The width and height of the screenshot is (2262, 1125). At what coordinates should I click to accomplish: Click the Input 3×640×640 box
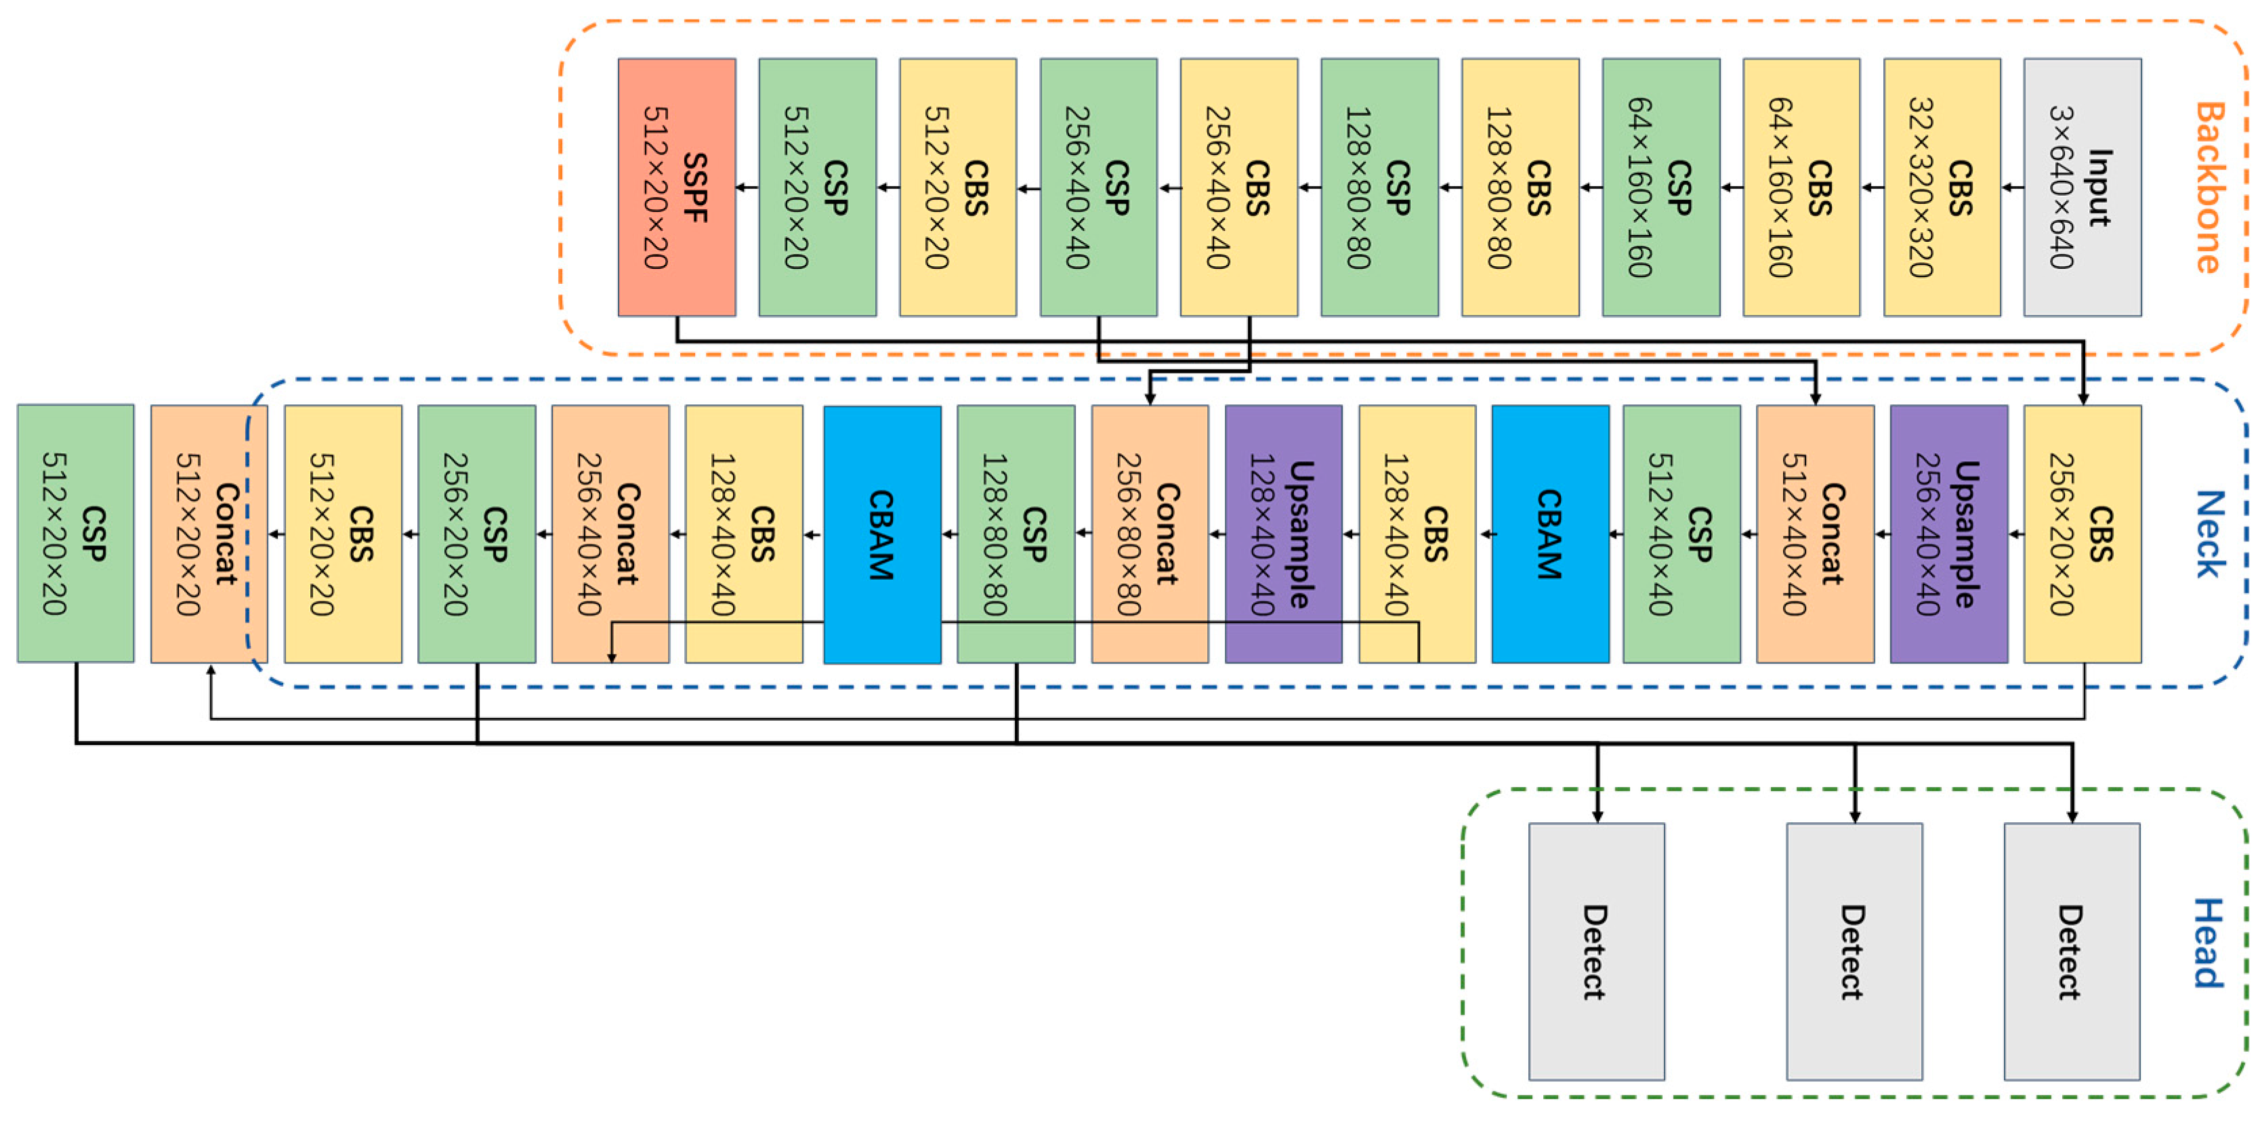click(2082, 187)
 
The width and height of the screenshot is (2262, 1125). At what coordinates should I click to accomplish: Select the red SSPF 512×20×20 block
click(676, 187)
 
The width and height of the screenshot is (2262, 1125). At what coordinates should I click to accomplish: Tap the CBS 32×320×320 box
click(1942, 187)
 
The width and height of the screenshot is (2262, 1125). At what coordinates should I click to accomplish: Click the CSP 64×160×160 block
click(1660, 187)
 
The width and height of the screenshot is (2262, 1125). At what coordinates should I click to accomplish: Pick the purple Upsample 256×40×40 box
click(1948, 533)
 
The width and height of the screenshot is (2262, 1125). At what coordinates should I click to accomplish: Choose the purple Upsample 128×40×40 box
click(1283, 533)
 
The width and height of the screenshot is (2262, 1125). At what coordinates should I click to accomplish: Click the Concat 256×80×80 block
click(1150, 533)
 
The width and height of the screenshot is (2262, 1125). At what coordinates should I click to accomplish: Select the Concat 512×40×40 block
click(1815, 533)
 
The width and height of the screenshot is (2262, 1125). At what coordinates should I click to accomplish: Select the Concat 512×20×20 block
click(209, 533)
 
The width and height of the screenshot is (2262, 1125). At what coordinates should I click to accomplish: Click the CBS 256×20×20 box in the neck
click(2082, 533)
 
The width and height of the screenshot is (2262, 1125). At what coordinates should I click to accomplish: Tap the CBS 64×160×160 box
click(1801, 187)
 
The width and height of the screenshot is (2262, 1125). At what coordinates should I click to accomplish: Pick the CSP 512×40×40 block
click(1681, 533)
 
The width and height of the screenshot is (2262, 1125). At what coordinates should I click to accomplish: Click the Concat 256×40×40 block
click(610, 533)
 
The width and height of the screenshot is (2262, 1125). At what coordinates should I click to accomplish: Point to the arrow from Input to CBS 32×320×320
click(2013, 187)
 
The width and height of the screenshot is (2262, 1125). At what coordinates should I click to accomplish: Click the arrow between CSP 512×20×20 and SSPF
click(747, 187)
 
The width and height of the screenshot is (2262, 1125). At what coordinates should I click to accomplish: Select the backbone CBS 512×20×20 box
click(958, 187)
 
